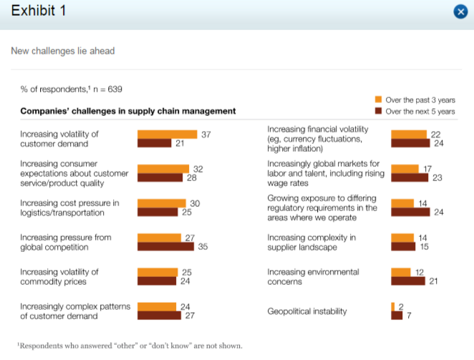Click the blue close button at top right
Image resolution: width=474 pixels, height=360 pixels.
[x=460, y=11]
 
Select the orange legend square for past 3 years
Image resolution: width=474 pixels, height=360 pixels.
[x=379, y=100]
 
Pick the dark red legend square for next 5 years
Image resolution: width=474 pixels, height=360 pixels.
[x=379, y=112]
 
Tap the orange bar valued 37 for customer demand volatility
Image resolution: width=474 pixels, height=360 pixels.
[x=167, y=135]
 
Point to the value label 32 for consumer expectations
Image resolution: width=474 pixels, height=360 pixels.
[x=199, y=169]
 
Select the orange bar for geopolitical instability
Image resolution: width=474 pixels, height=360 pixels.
[x=393, y=306]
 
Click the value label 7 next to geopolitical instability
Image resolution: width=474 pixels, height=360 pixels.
[x=409, y=316]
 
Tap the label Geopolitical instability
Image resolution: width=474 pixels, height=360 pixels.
[x=306, y=311]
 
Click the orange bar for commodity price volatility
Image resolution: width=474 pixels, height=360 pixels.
[x=157, y=272]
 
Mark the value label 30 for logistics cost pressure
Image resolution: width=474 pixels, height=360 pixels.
[x=195, y=203]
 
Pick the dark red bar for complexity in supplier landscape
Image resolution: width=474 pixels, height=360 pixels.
[x=404, y=248]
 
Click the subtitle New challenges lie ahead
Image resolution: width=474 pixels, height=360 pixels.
[x=62, y=51]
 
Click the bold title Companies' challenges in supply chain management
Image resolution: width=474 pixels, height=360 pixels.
[x=127, y=111]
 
